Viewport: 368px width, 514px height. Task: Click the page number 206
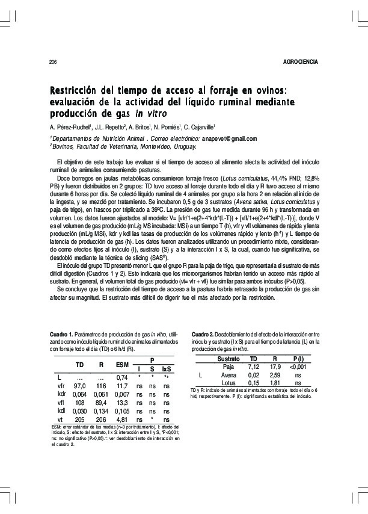(52, 62)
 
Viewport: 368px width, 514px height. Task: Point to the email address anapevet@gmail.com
(228, 138)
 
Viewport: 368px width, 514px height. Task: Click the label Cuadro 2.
(203, 333)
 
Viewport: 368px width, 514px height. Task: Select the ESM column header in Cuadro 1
(123, 365)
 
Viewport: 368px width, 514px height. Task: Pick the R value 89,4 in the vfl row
(101, 402)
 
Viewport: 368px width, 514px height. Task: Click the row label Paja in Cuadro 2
(228, 366)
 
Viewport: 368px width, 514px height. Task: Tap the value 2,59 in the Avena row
(275, 374)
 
